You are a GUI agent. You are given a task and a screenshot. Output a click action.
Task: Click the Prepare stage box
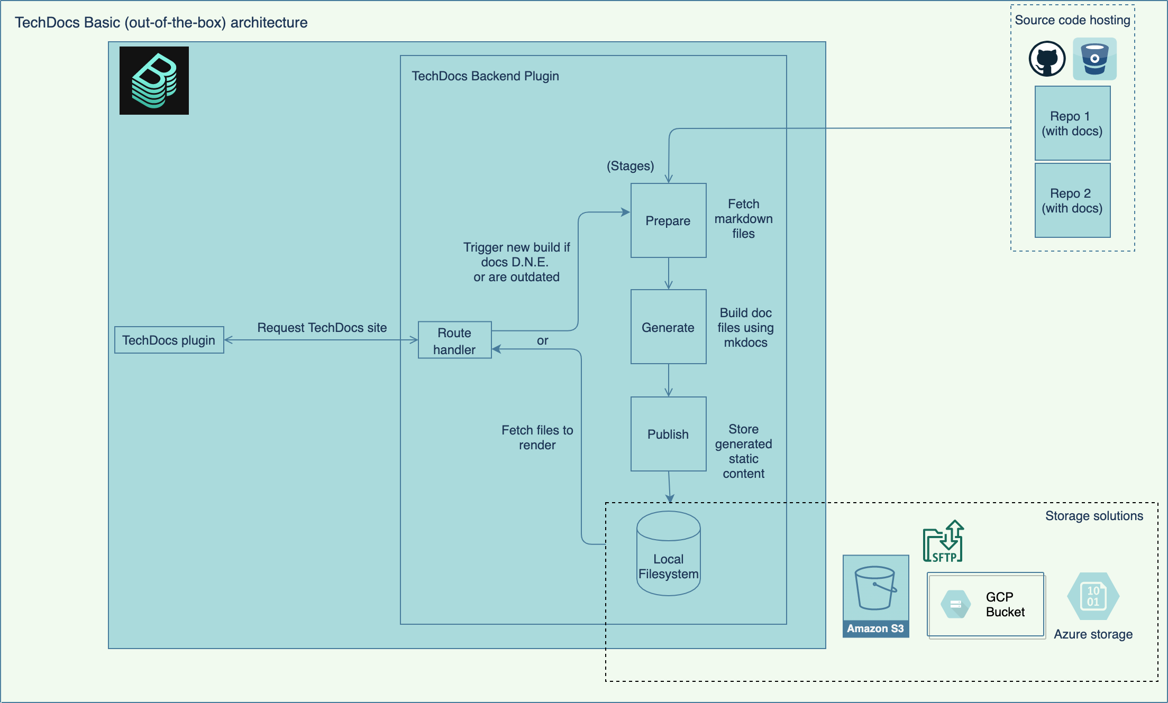pos(668,220)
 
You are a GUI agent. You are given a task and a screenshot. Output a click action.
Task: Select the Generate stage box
pos(668,327)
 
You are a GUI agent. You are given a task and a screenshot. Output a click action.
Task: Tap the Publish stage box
pos(668,434)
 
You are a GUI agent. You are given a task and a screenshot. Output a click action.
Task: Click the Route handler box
pos(454,340)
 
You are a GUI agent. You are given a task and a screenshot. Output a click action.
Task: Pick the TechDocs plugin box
pos(169,340)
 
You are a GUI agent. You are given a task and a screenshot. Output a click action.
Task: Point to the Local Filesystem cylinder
pos(668,554)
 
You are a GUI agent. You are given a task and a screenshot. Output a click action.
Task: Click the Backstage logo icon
pos(154,80)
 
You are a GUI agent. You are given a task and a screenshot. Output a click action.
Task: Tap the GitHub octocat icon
pos(1047,59)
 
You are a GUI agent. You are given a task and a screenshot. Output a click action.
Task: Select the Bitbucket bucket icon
pos(1094,59)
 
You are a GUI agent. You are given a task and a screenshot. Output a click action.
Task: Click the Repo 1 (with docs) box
pos(1072,123)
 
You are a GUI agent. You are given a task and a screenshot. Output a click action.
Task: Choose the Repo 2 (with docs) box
pos(1072,200)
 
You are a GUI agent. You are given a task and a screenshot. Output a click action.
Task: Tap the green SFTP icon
pos(943,542)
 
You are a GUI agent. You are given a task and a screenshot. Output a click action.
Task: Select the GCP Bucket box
pos(986,605)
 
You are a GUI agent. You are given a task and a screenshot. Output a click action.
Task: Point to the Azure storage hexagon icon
pos(1093,596)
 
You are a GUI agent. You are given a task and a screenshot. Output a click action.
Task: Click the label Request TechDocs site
pos(322,328)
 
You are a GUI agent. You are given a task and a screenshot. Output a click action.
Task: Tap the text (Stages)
pos(630,166)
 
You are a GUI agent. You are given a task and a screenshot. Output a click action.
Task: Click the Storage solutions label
pos(1094,516)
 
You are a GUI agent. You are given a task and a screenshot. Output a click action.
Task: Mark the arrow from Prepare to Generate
pos(669,273)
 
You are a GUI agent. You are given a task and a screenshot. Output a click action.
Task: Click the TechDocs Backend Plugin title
pos(485,76)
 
